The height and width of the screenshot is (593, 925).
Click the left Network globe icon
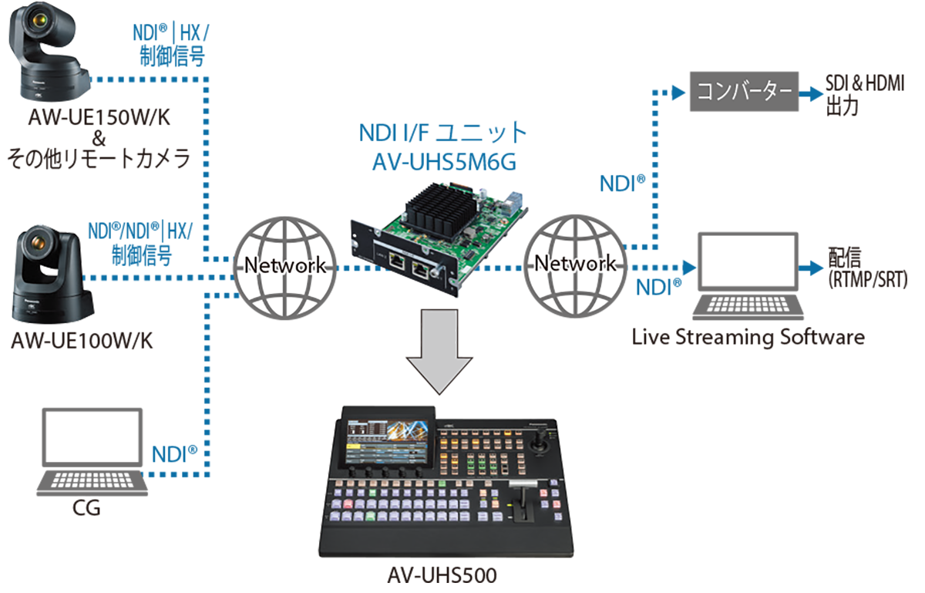click(x=284, y=265)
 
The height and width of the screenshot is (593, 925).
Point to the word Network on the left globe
click(x=284, y=265)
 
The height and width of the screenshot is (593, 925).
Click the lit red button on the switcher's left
click(x=348, y=504)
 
